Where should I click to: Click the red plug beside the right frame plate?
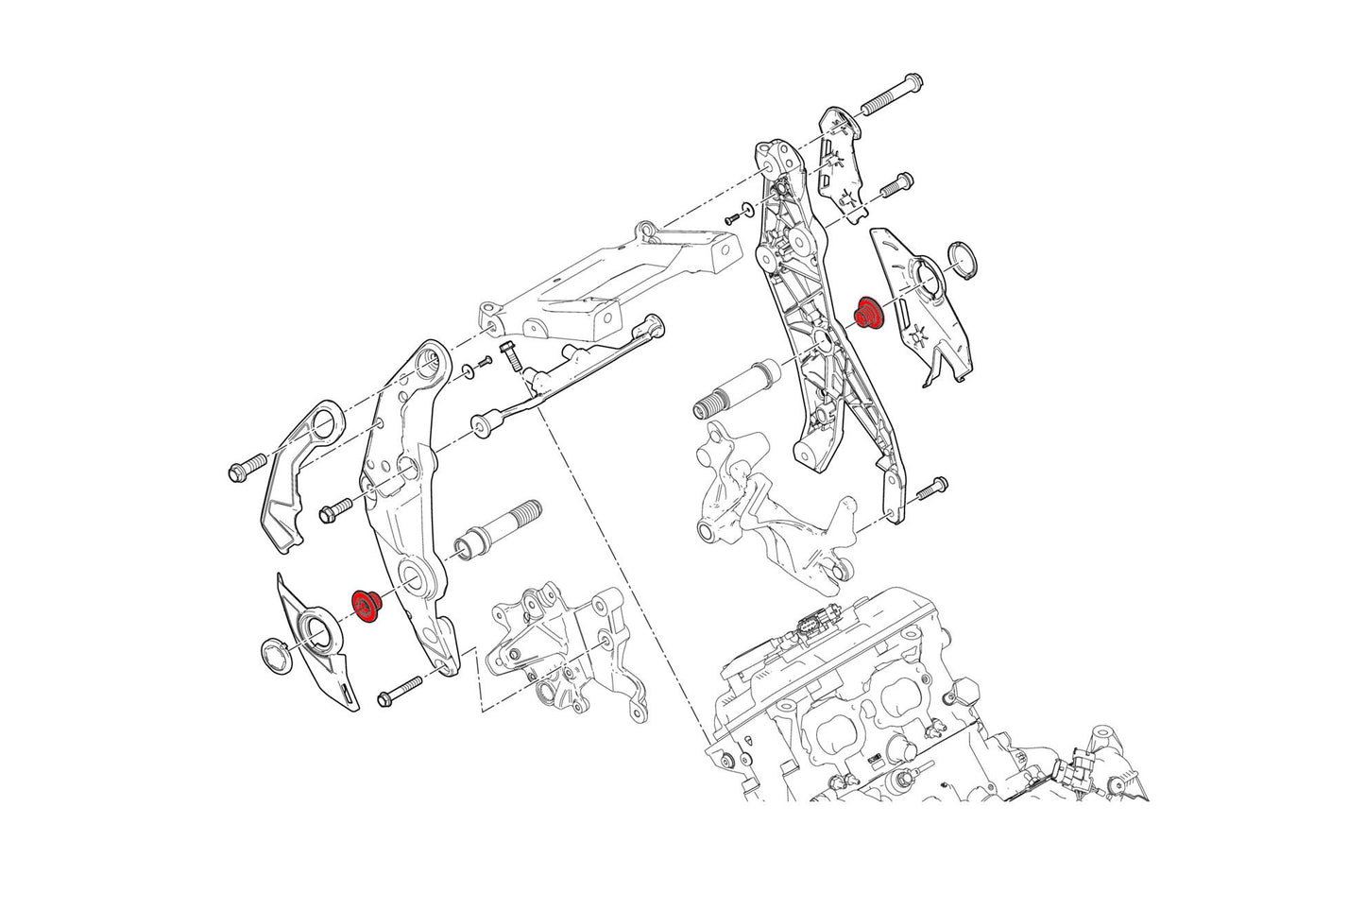(x=867, y=312)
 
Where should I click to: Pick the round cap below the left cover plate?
(x=275, y=656)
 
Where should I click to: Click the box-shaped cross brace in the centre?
(x=605, y=283)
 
